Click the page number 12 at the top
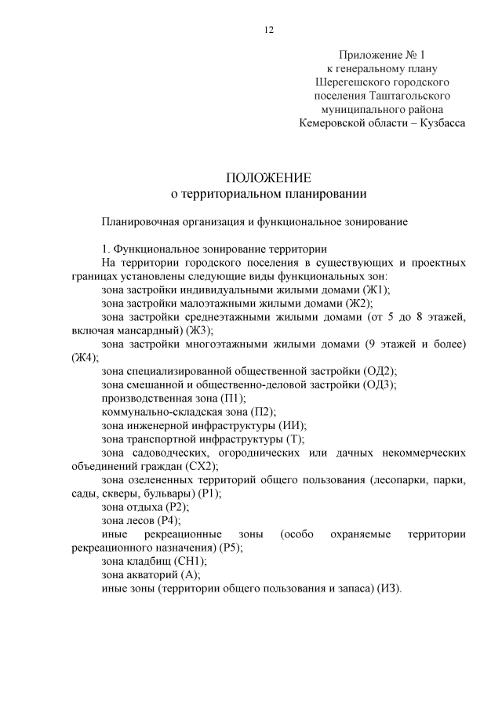click(x=268, y=30)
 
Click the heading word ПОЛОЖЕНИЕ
click(x=268, y=177)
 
